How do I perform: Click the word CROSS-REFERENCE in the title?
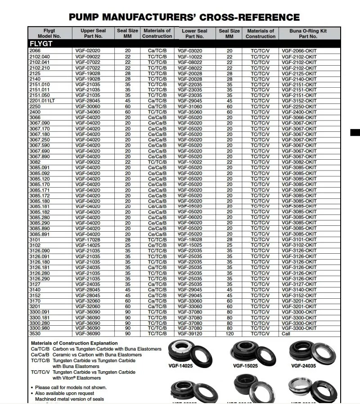[x=248, y=18]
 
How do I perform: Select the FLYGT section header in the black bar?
[x=41, y=44]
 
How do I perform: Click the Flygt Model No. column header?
[x=49, y=33]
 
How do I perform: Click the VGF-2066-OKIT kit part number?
[x=299, y=51]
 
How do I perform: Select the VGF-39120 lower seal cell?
[x=190, y=333]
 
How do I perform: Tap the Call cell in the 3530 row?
[x=286, y=333]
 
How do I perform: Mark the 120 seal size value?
[x=229, y=333]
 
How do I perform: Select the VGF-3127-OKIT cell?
[x=299, y=284]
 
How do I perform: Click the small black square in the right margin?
[x=356, y=132]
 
